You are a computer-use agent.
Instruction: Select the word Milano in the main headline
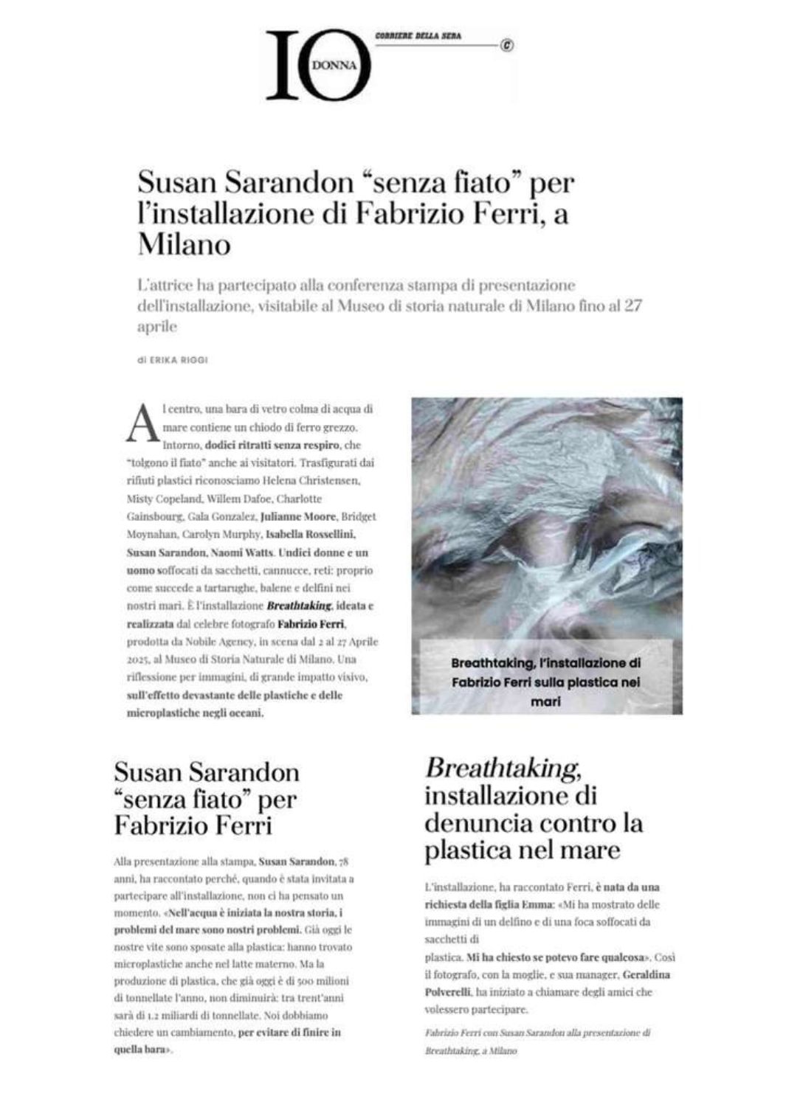point(184,244)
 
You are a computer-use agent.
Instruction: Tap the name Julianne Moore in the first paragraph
point(298,516)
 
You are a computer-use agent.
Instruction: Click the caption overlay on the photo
point(546,682)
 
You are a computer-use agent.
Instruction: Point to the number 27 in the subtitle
point(632,305)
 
